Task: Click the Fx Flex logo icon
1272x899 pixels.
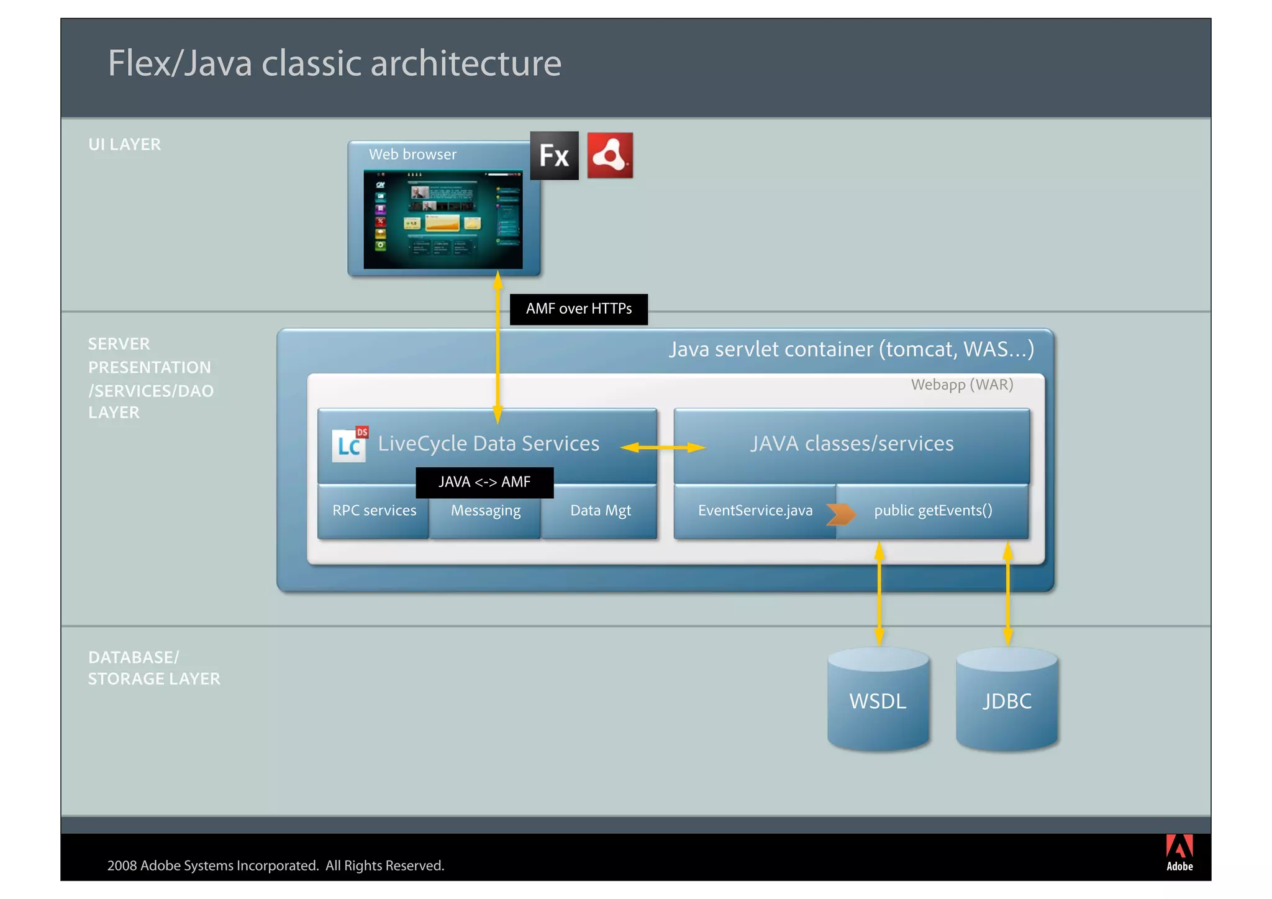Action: [554, 155]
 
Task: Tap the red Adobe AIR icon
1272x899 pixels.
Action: [610, 155]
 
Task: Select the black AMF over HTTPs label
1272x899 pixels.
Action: [578, 309]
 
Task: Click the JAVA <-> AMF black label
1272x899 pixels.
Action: [484, 482]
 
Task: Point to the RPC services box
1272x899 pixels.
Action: [374, 511]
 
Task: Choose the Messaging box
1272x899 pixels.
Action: [486, 511]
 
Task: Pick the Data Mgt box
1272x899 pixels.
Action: [600, 511]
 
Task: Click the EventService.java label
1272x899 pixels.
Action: [755, 511]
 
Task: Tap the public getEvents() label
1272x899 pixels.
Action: [933, 511]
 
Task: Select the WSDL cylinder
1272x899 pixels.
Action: [878, 701]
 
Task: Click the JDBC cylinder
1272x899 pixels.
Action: [1007, 701]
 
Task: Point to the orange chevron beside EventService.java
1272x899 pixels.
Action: [841, 514]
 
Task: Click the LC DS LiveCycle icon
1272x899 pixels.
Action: [350, 444]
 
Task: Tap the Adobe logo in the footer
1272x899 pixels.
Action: [1179, 852]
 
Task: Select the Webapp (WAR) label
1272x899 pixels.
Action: [962, 385]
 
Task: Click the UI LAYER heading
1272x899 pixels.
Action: [125, 145]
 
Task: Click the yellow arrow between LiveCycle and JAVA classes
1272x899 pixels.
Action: [663, 447]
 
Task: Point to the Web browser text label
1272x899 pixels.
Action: [412, 155]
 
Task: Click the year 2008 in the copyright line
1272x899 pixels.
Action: [122, 865]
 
